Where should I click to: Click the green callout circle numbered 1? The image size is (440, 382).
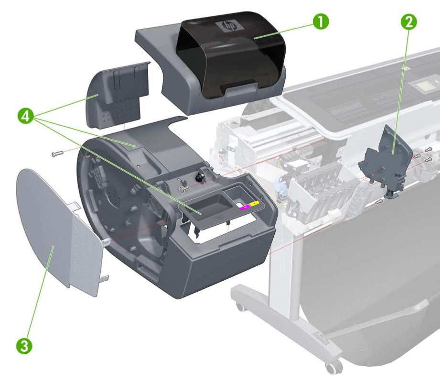[x=321, y=22]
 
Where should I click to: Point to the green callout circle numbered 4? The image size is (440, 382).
[x=27, y=116]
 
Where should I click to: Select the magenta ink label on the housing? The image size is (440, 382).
[x=245, y=207]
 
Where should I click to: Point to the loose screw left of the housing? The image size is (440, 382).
[x=56, y=153]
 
